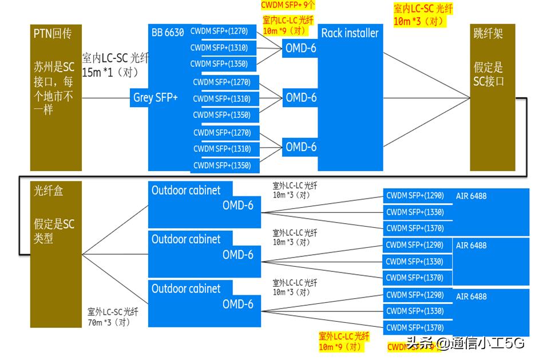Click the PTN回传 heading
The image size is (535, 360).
pyautogui.click(x=52, y=34)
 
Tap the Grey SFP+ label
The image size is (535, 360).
pyautogui.click(x=156, y=97)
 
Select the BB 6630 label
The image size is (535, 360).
pyautogui.click(x=168, y=33)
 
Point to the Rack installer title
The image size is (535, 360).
pyautogui.click(x=350, y=33)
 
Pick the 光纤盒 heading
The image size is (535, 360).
pyautogui.click(x=48, y=191)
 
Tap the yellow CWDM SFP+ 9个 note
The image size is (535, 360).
pyautogui.click(x=288, y=5)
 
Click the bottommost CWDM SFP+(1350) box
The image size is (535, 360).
pyautogui.click(x=222, y=165)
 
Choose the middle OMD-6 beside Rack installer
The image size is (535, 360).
pyautogui.click(x=301, y=97)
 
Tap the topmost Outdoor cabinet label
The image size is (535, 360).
pyautogui.click(x=185, y=190)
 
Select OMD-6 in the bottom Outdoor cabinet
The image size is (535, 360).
pyautogui.click(x=238, y=304)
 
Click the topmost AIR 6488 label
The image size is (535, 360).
pyautogui.click(x=471, y=196)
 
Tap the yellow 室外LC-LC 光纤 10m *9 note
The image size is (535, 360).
pyautogui.click(x=343, y=341)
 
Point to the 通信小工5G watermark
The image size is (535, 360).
pyautogui.click(x=465, y=343)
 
